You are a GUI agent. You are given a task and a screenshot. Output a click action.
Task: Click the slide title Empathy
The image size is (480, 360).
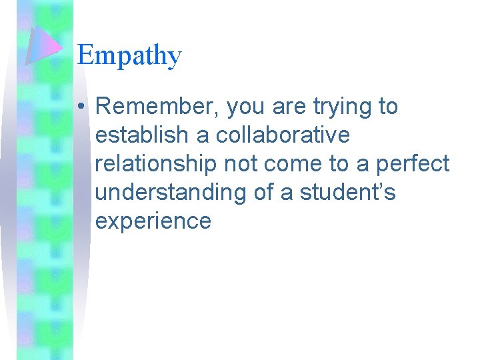click(129, 55)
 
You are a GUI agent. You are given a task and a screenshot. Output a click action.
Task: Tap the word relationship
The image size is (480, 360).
click(153, 164)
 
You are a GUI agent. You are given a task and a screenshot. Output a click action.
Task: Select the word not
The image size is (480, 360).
click(236, 164)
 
